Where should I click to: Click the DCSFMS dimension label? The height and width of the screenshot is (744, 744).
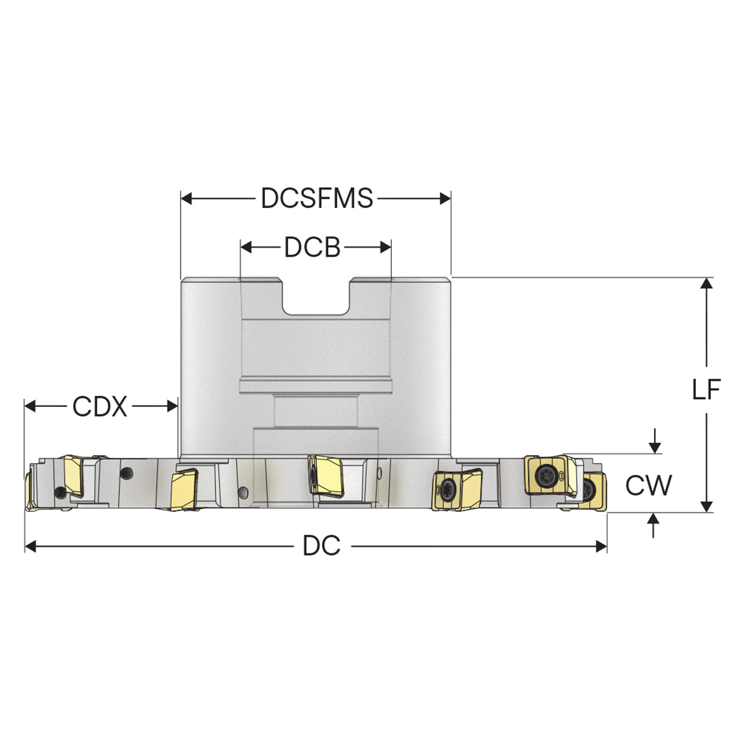click(317, 198)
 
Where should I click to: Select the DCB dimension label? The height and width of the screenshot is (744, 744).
click(312, 247)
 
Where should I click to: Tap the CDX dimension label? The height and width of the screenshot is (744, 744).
click(99, 406)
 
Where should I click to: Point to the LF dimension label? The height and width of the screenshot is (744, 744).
click(706, 390)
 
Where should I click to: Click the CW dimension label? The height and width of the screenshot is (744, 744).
click(649, 485)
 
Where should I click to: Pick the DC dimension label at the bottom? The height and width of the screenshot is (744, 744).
click(321, 545)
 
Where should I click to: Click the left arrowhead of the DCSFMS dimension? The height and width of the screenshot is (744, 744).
click(187, 198)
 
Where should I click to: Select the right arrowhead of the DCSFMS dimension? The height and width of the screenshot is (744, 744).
click(445, 198)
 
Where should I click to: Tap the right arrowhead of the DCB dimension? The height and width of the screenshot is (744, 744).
click(385, 247)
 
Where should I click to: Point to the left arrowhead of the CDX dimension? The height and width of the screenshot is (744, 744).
click(30, 406)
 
